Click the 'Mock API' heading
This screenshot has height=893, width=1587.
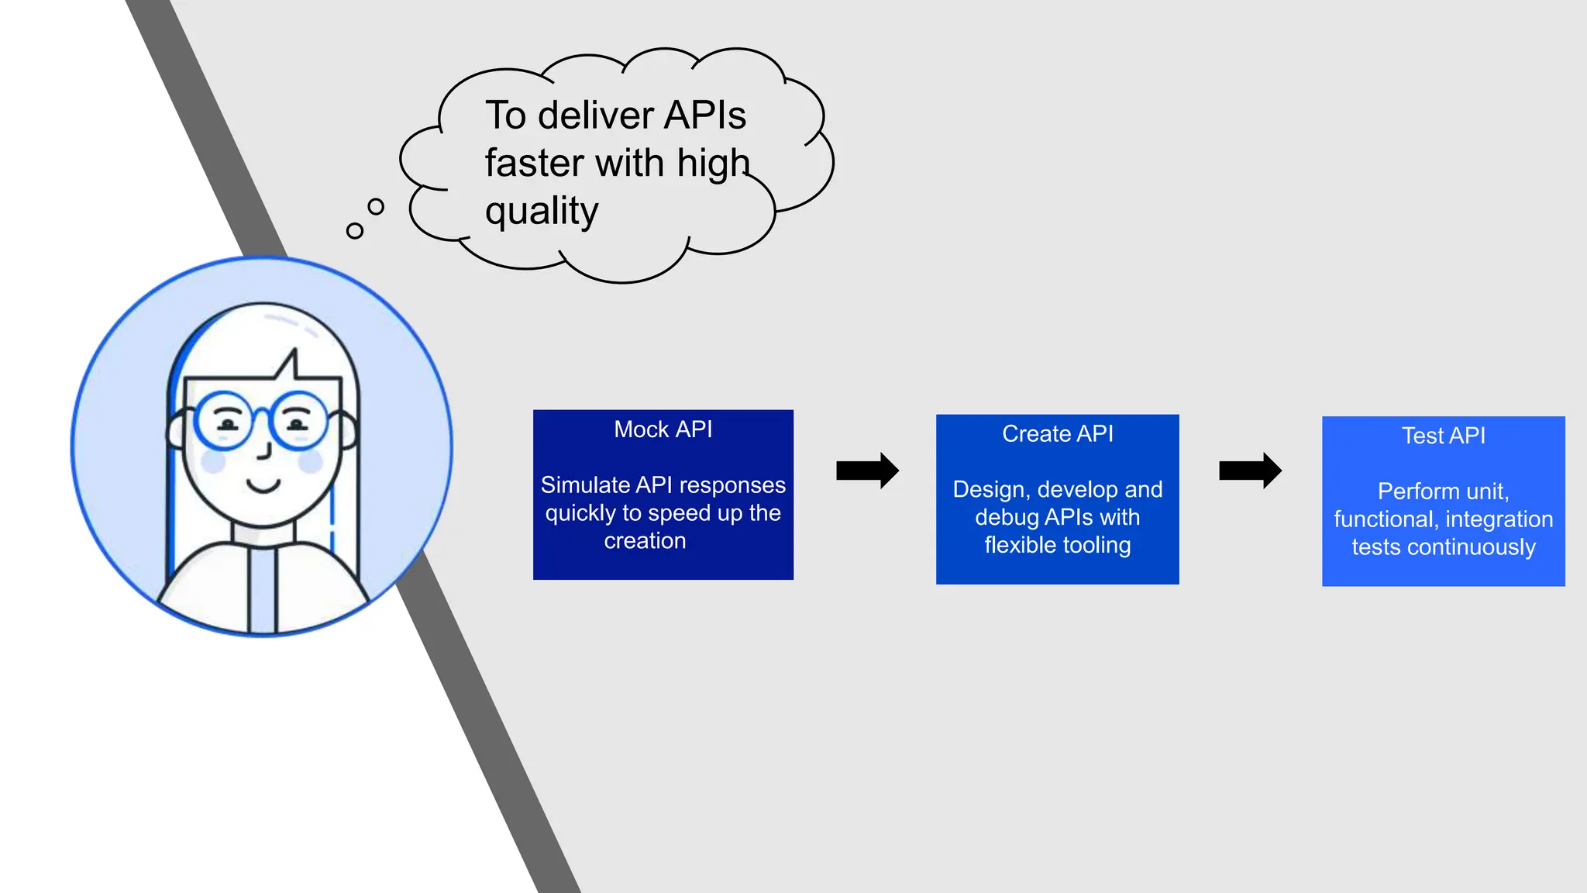click(x=663, y=429)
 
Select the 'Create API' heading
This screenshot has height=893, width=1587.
click(x=1057, y=434)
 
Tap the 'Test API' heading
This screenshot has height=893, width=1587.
click(x=1443, y=436)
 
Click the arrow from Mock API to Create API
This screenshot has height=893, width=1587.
click(x=867, y=470)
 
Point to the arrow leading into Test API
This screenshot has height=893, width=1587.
click(x=1250, y=470)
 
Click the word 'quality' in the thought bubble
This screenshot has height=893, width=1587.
click(x=542, y=211)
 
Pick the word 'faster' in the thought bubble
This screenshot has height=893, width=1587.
click(x=534, y=164)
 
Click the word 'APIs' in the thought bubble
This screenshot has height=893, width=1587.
click(x=704, y=116)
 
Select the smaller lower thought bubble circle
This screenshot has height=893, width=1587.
click(x=355, y=230)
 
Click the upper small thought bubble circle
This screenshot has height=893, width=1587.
click(x=376, y=206)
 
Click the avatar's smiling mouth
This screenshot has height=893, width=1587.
click(x=263, y=486)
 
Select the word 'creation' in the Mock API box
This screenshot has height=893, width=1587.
click(x=645, y=541)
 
